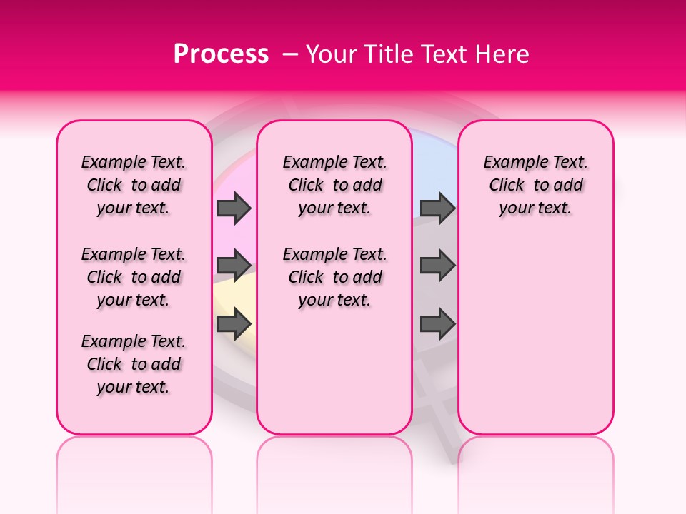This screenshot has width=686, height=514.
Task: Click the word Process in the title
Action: click(221, 54)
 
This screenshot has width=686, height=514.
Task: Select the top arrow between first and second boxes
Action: click(234, 208)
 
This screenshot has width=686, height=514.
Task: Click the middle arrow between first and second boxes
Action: click(234, 266)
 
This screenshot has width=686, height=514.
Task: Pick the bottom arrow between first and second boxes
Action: click(234, 324)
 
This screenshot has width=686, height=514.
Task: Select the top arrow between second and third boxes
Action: click(437, 208)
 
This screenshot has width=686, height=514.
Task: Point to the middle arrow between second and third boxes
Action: click(437, 266)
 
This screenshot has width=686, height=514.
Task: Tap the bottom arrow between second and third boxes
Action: click(437, 324)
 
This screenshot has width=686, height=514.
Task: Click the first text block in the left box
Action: click(134, 185)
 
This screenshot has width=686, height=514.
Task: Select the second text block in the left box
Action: click(134, 277)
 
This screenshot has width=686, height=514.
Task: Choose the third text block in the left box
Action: click(134, 364)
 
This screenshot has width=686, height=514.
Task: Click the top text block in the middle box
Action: click(334, 185)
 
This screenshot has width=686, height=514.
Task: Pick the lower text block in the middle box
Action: click(334, 277)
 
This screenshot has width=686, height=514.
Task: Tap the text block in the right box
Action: click(535, 185)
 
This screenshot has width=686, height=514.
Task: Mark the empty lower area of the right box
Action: click(535, 328)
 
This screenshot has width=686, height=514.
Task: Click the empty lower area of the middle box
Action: click(334, 371)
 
